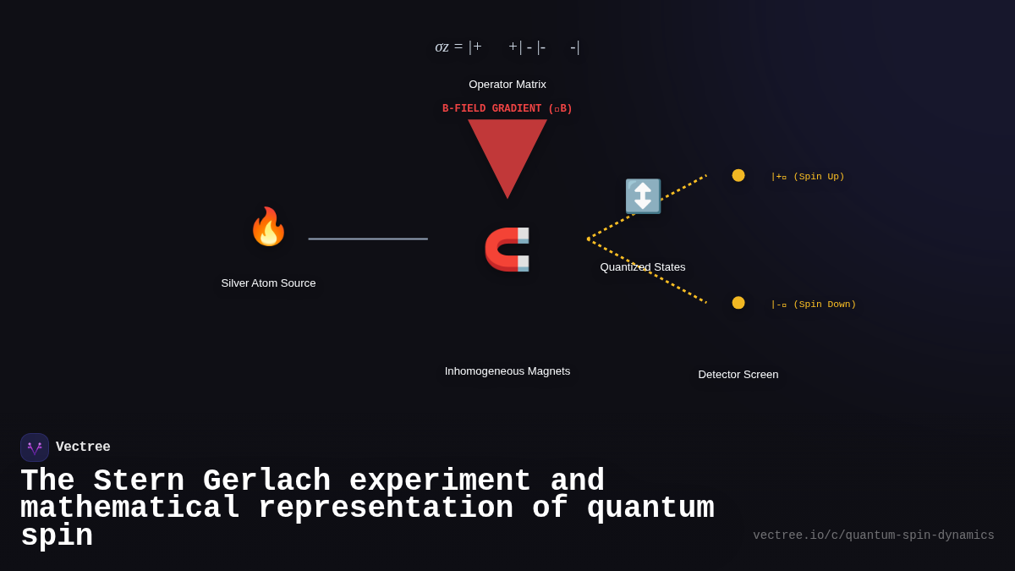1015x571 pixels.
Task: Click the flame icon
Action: coord(268,227)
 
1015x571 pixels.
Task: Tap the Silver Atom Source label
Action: coord(268,283)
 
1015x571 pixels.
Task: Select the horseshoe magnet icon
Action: coord(507,249)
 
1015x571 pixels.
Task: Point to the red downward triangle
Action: coord(507,152)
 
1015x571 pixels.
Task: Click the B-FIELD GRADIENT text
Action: coord(507,108)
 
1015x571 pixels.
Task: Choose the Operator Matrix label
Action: coord(507,85)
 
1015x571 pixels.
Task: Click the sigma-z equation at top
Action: coord(507,47)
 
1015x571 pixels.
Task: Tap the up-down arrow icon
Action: coord(643,196)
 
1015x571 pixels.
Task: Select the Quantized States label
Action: coord(643,267)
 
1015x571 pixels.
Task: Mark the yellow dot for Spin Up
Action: coord(738,175)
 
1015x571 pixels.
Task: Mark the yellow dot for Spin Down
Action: coord(738,303)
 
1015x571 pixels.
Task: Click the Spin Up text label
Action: coord(808,177)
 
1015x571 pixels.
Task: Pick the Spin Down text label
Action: coord(814,305)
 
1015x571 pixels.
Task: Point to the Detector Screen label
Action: coord(738,375)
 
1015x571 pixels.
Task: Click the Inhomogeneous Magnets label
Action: coord(507,371)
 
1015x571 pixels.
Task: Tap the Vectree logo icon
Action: coord(35,447)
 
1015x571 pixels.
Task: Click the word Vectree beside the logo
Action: coord(83,447)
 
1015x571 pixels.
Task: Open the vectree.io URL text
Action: coord(874,535)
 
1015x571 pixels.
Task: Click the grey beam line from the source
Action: coord(368,239)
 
